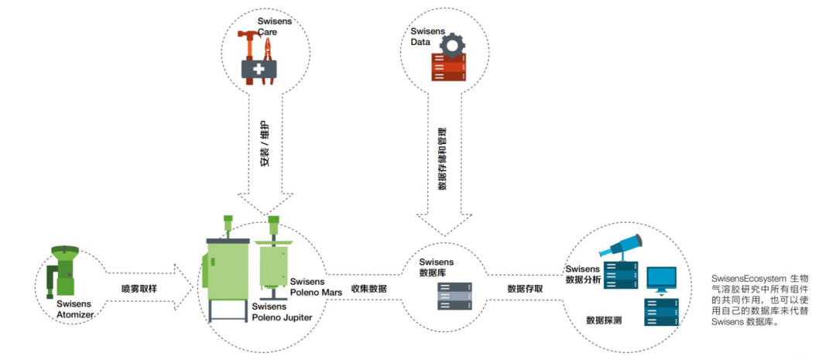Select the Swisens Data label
426,36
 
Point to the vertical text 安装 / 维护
265,145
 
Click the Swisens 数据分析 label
584,274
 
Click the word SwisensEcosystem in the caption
744,276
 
